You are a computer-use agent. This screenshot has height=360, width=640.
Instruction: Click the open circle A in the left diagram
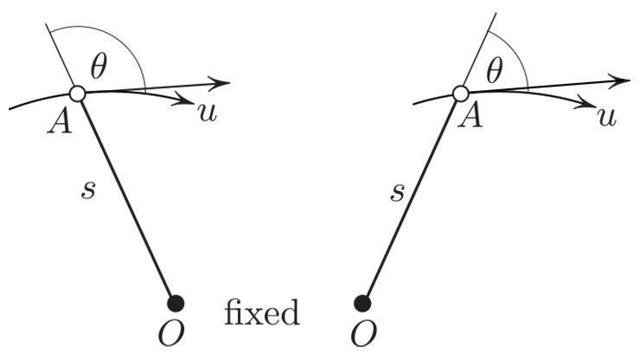coord(77,93)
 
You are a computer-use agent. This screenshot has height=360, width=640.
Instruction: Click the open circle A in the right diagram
coord(460,93)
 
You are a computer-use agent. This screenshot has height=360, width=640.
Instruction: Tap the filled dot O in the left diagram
coord(176,303)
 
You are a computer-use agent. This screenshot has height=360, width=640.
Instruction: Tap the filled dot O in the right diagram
coord(363,303)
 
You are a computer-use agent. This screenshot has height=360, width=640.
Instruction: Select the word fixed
coord(261,312)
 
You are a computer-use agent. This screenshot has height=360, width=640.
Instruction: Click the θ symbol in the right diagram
coord(494,72)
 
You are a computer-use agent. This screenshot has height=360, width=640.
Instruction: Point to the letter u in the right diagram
coord(607,116)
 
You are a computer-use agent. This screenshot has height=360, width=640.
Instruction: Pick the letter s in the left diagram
coord(87,190)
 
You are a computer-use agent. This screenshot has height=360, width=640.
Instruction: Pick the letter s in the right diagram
coord(397,190)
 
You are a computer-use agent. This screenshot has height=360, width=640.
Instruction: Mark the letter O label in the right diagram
coord(364,334)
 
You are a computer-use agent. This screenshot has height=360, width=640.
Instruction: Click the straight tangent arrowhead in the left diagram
coord(222,83)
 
